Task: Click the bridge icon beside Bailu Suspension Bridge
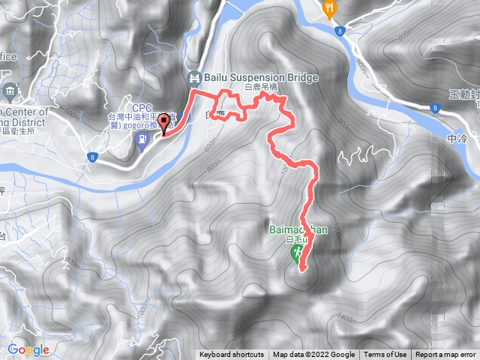[194, 77]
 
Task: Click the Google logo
[28, 349]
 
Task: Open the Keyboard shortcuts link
[232, 355]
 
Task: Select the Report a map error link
[447, 355]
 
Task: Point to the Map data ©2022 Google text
[313, 355]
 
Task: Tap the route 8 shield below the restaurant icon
[340, 31]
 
